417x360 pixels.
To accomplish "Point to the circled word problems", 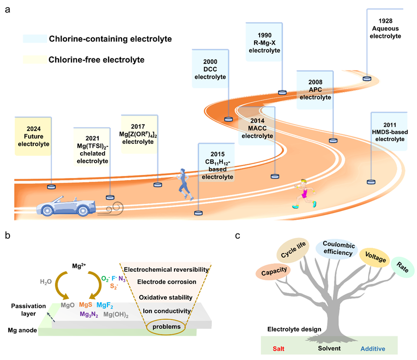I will point(166,327).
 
